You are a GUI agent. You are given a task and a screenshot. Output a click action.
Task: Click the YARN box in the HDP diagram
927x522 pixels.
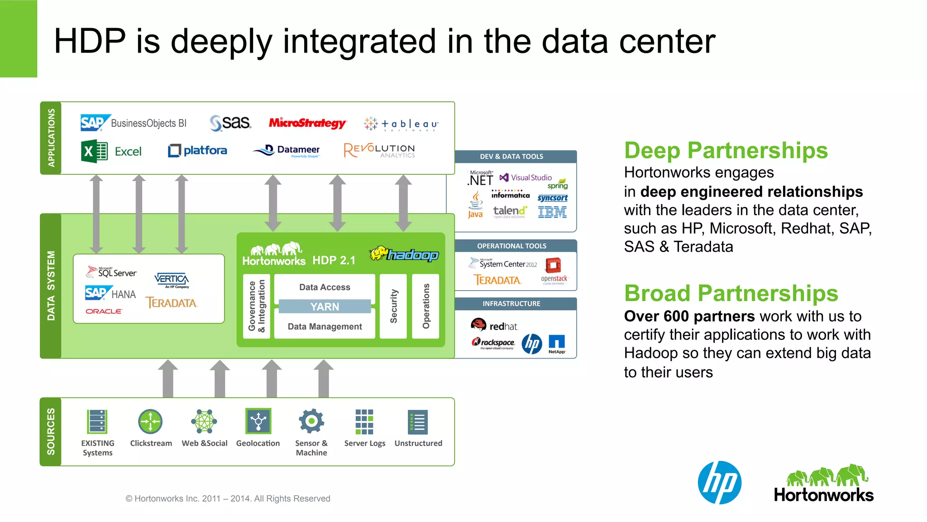point(325,306)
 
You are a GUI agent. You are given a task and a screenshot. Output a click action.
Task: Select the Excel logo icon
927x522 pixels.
point(94,151)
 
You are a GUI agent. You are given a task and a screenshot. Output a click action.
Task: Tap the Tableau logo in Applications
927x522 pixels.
point(401,124)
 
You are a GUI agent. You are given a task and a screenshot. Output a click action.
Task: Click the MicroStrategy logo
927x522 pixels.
point(307,123)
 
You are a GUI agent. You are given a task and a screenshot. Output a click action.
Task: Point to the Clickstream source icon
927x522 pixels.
point(150,422)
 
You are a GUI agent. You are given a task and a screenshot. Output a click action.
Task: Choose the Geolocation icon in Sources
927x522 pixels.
point(258,421)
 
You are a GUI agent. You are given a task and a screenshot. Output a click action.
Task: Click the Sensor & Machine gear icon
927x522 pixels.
point(311,421)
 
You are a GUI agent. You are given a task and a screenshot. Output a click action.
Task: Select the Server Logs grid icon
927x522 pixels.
point(364,421)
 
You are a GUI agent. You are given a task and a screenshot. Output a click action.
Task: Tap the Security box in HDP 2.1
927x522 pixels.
point(393,306)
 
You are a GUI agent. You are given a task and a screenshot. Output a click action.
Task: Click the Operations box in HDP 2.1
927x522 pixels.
point(425,306)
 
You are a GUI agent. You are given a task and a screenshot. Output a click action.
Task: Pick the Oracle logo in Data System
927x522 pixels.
point(104,311)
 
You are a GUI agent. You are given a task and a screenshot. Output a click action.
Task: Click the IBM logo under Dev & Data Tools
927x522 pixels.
point(552,212)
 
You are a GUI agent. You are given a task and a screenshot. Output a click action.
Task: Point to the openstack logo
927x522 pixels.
point(554,270)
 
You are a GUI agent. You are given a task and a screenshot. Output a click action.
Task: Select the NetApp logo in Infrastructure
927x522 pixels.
point(557,344)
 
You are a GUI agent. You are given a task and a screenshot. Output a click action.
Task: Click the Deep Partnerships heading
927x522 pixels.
point(726,151)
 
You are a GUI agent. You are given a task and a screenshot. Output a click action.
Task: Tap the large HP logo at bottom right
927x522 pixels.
point(720,483)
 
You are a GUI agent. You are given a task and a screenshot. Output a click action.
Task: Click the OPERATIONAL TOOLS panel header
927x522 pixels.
point(511,246)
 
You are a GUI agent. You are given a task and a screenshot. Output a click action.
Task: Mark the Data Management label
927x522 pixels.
point(325,326)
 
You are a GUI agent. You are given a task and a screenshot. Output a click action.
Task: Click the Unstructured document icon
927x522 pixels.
point(417,422)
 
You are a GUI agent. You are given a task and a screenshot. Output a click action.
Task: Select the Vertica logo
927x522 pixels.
point(172,280)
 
